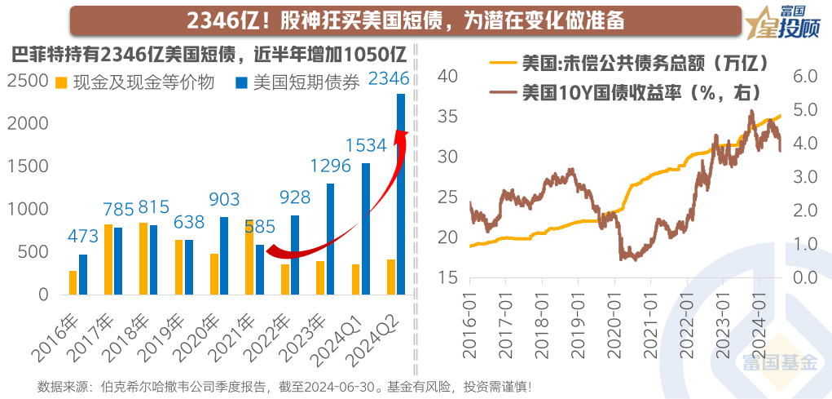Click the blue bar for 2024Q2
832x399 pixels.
click(401, 194)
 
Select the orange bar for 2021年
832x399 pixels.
click(249, 256)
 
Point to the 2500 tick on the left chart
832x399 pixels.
click(30, 81)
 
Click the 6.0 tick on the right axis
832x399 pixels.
click(801, 76)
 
